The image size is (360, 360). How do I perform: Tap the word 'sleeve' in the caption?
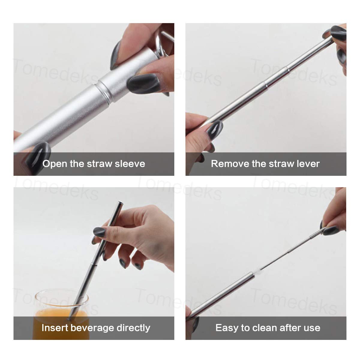130,164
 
